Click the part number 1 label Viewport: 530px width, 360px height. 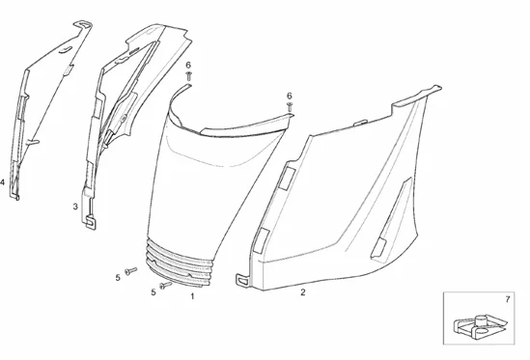pyautogui.click(x=191, y=297)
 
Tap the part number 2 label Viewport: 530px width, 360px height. pyautogui.click(x=302, y=291)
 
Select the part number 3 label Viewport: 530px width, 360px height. pyautogui.click(x=75, y=207)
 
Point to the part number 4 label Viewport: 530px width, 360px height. pyautogui.click(x=3, y=181)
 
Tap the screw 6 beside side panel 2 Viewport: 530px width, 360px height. pyautogui.click(x=289, y=108)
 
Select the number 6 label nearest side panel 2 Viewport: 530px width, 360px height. pyautogui.click(x=289, y=95)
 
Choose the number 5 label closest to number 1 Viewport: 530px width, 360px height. pyautogui.click(x=153, y=292)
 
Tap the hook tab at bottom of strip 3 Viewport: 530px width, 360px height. pyautogui.click(x=92, y=222)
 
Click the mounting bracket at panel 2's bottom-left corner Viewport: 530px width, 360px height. pyautogui.click(x=243, y=279)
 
